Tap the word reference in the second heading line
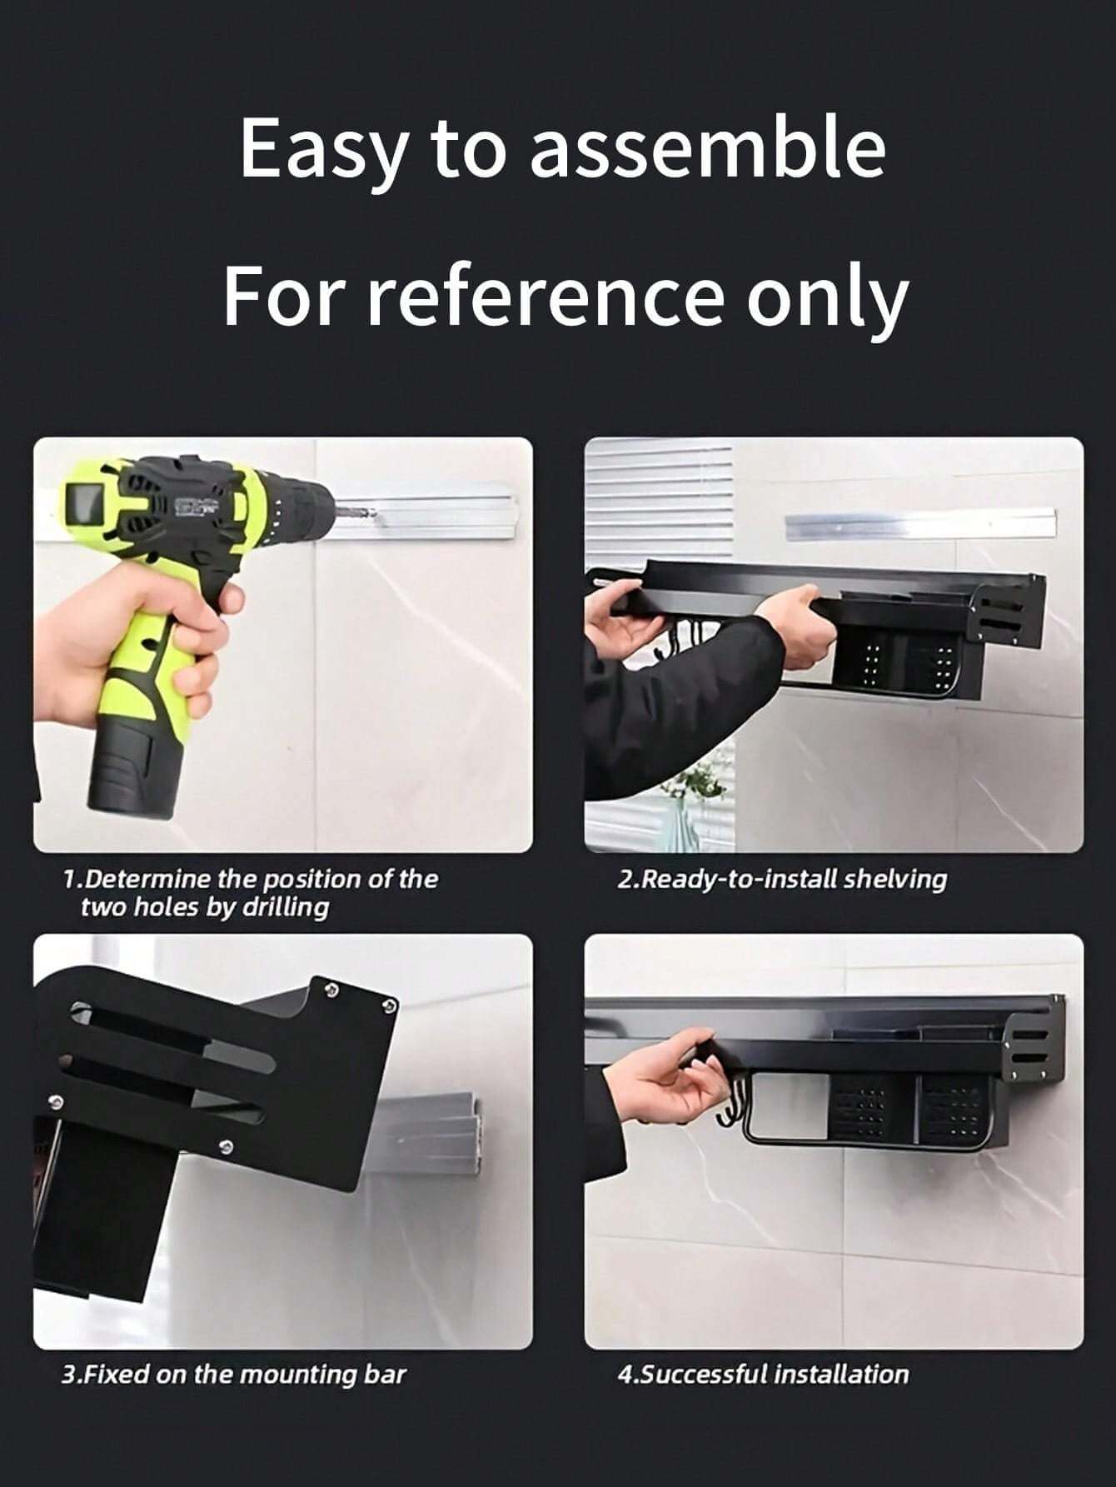click(546, 297)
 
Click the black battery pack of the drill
click(135, 772)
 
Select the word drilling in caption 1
click(285, 907)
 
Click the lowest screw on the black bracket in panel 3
click(226, 1149)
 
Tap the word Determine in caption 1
click(147, 879)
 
